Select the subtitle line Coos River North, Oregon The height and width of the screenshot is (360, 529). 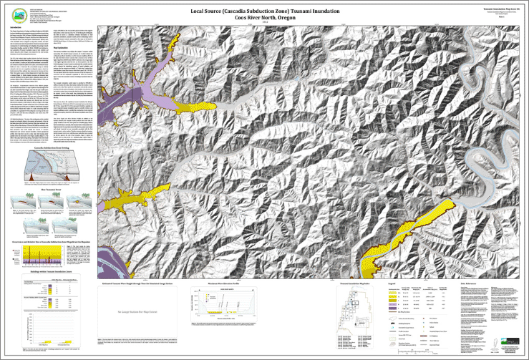[265, 19]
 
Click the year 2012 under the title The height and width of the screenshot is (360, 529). [265, 25]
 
